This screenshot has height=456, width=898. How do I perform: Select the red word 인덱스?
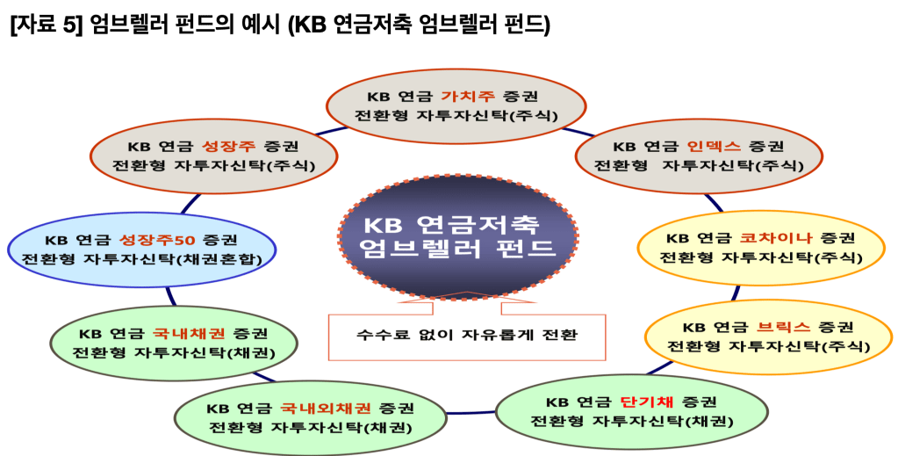[714, 146]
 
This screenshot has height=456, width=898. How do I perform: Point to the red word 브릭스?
[784, 328]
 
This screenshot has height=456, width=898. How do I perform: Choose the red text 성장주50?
[157, 240]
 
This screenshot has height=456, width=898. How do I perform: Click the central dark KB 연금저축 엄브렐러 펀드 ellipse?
[457, 240]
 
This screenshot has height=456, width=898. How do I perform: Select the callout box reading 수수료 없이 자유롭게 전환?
[467, 335]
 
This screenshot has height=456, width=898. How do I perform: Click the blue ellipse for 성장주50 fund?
[141, 250]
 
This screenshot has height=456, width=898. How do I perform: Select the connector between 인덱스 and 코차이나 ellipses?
[713, 202]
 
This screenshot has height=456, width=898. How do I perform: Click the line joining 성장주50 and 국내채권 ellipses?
[170, 297]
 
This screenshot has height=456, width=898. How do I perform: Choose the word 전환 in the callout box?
[562, 335]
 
